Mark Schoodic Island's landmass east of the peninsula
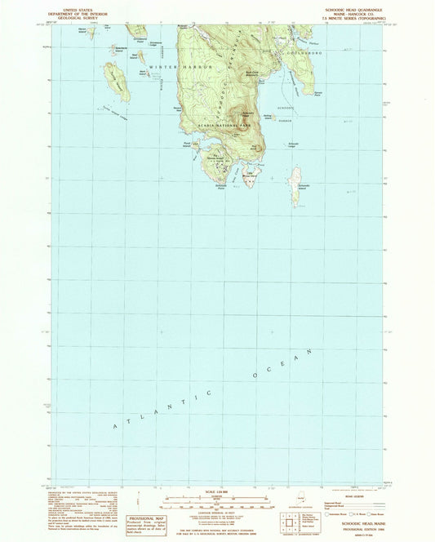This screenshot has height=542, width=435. (x=295, y=185)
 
